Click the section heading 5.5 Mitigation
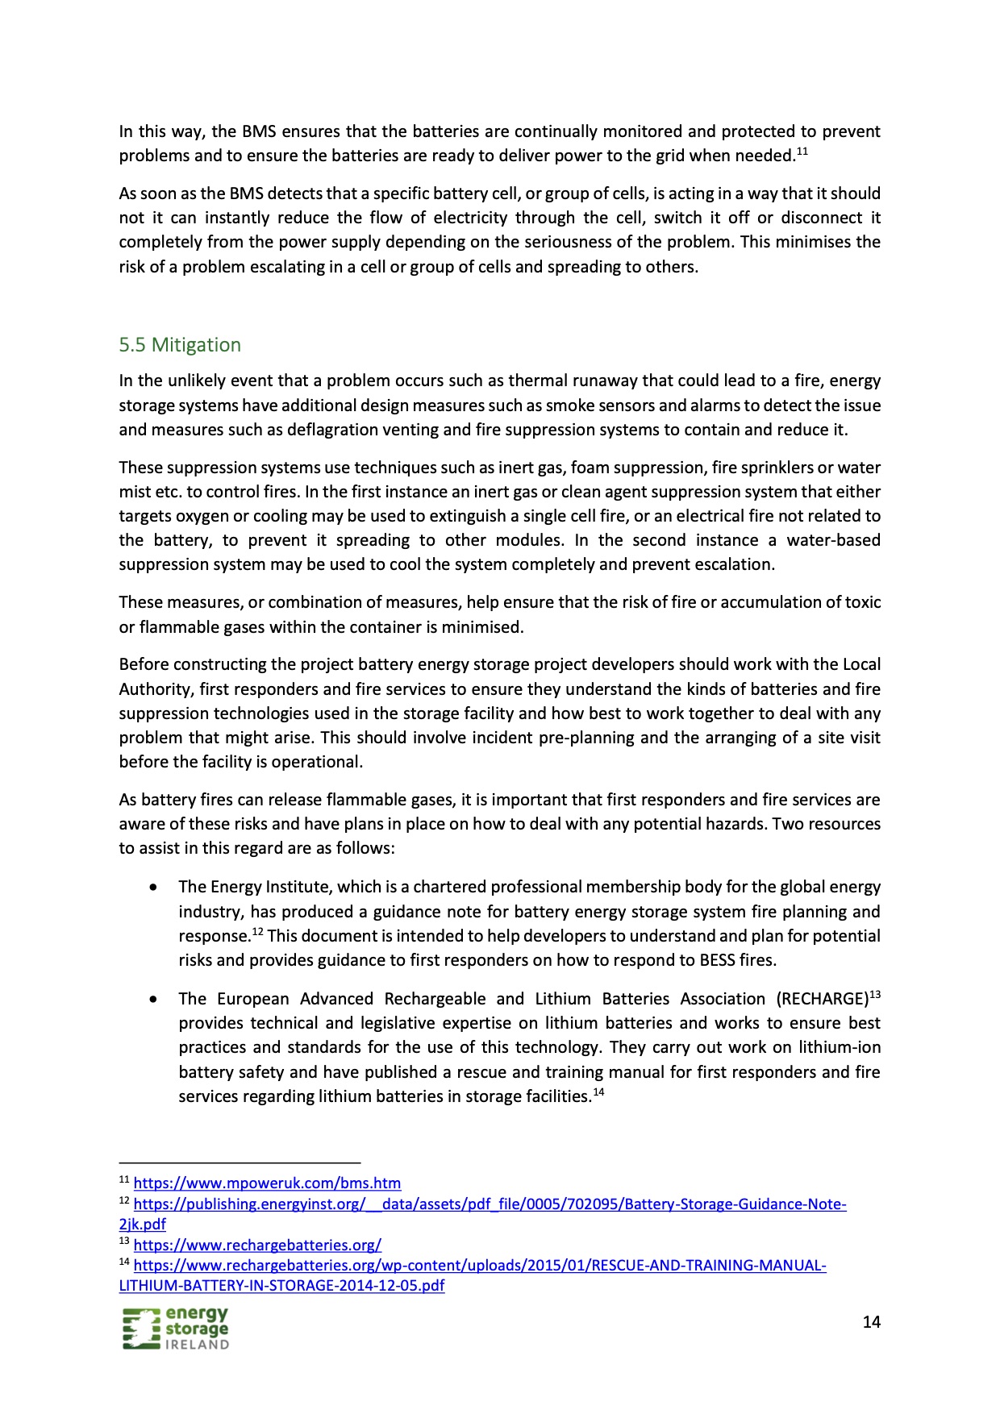coord(180,345)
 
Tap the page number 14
coord(871,1321)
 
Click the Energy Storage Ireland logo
coord(176,1328)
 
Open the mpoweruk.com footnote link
coord(267,1183)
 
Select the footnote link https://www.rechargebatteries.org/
coord(257,1245)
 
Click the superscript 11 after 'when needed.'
coord(802,151)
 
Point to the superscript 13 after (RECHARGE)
coord(875,994)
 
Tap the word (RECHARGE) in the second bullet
coord(822,1000)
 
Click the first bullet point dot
coord(153,888)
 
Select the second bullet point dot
coord(153,1000)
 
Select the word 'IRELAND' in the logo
coord(197,1345)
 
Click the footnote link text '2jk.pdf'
coord(142,1225)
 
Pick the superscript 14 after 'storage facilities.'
coord(598,1092)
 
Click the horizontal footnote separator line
coord(240,1163)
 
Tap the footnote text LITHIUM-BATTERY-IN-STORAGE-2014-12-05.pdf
coord(281,1286)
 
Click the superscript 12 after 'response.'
coord(257,932)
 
